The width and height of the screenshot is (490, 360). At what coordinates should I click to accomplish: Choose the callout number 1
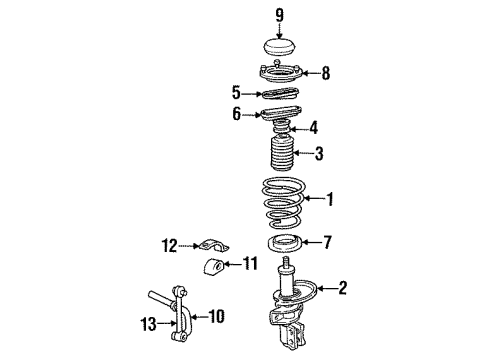point(330,199)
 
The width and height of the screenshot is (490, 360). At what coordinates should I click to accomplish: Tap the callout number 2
point(344,289)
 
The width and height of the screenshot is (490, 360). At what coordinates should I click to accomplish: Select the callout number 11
point(250,264)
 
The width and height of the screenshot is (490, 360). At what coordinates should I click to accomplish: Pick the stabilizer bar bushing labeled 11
point(213,268)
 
